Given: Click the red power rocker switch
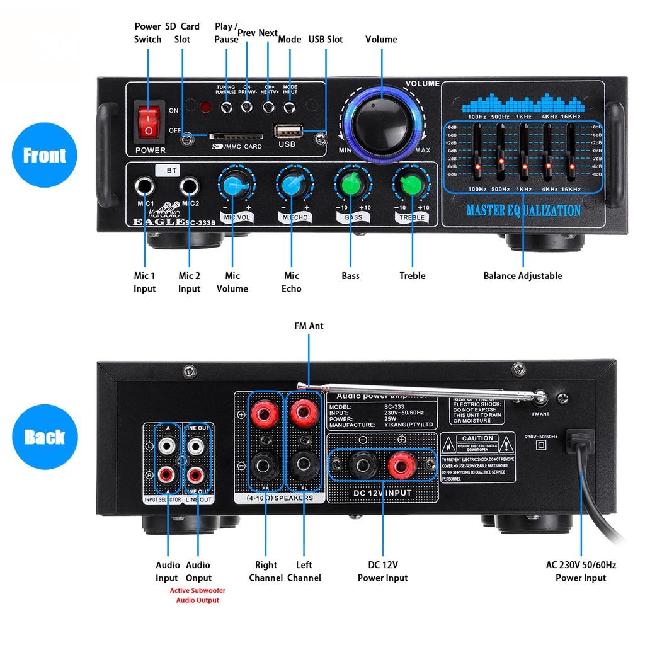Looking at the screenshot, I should click(148, 122).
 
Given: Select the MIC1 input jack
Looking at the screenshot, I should click(144, 187).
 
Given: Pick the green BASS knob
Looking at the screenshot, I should click(351, 185).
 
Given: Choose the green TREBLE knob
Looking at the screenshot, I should click(410, 185).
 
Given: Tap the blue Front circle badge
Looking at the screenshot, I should click(44, 156).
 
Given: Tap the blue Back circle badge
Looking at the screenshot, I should click(44, 437).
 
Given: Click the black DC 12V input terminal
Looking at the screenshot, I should click(362, 467).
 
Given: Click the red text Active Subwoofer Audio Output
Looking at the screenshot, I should click(197, 595).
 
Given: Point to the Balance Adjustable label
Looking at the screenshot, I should click(522, 275).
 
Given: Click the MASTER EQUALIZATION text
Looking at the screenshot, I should click(523, 211).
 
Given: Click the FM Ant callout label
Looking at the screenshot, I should click(309, 326).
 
